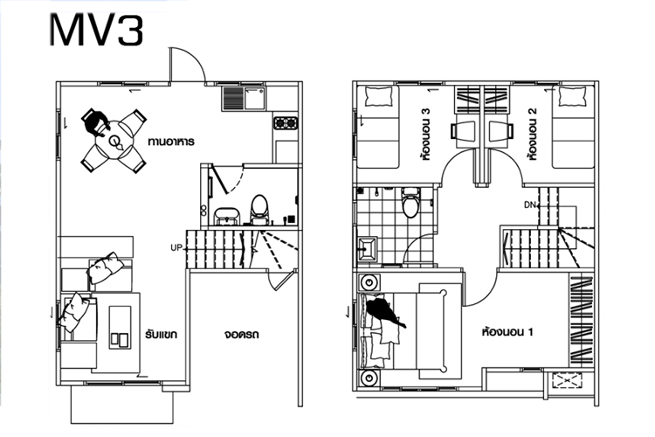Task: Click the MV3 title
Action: point(96,31)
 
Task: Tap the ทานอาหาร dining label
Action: point(171,142)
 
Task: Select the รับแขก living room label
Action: point(162,334)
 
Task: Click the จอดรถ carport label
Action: point(241,335)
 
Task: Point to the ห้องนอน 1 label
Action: point(507,332)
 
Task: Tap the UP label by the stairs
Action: point(176,247)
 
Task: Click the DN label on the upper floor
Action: point(530,205)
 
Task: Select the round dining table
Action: point(114,141)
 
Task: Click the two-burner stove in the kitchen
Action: point(286,123)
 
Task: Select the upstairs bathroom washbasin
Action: point(367,250)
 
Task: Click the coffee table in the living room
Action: point(120,328)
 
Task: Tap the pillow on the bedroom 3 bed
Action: point(379,97)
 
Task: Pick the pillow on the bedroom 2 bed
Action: point(572,97)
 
